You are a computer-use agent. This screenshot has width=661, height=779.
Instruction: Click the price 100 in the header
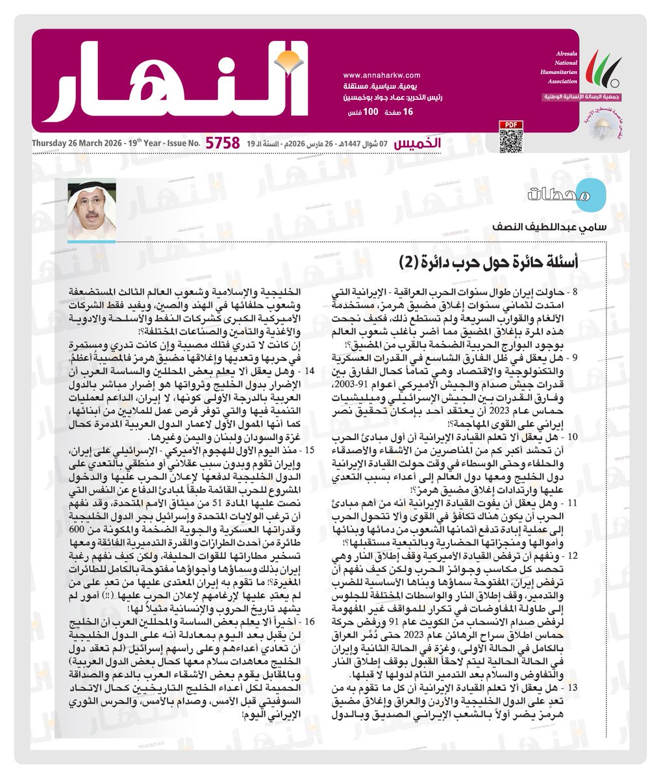coord(371,113)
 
